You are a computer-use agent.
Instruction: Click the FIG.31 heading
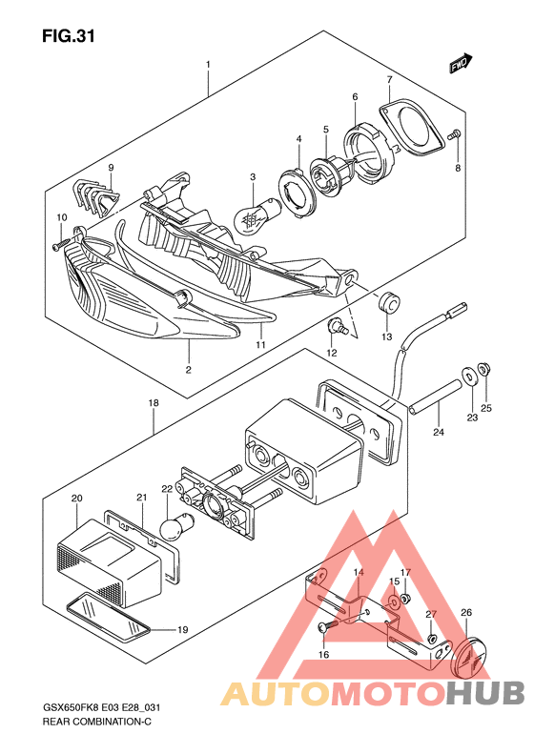pos(69,36)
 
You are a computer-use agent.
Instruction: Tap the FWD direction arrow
pos(461,63)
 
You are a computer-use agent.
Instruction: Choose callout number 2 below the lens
pos(189,369)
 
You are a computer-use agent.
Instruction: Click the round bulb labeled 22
pos(176,525)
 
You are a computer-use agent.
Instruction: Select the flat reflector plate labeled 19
pos(109,618)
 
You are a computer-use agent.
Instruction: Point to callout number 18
pos(154,403)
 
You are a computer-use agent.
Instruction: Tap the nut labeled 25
pos(484,369)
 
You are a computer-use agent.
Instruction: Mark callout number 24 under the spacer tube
pos(439,433)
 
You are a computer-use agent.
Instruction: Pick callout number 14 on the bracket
pos(359,572)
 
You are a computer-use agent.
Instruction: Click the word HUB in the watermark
pos(485,694)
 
